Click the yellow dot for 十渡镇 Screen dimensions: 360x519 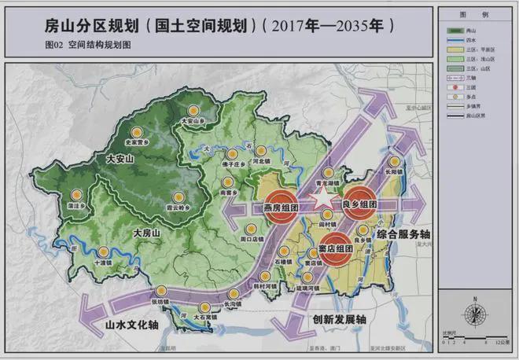point(102,252)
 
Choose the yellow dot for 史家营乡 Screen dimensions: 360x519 point(135,131)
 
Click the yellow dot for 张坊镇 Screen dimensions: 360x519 point(160,290)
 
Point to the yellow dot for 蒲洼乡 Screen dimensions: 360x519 point(76,194)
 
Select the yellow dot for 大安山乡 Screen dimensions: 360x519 point(193,110)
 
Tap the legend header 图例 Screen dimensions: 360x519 point(477,15)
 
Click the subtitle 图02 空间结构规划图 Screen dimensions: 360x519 point(89,46)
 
